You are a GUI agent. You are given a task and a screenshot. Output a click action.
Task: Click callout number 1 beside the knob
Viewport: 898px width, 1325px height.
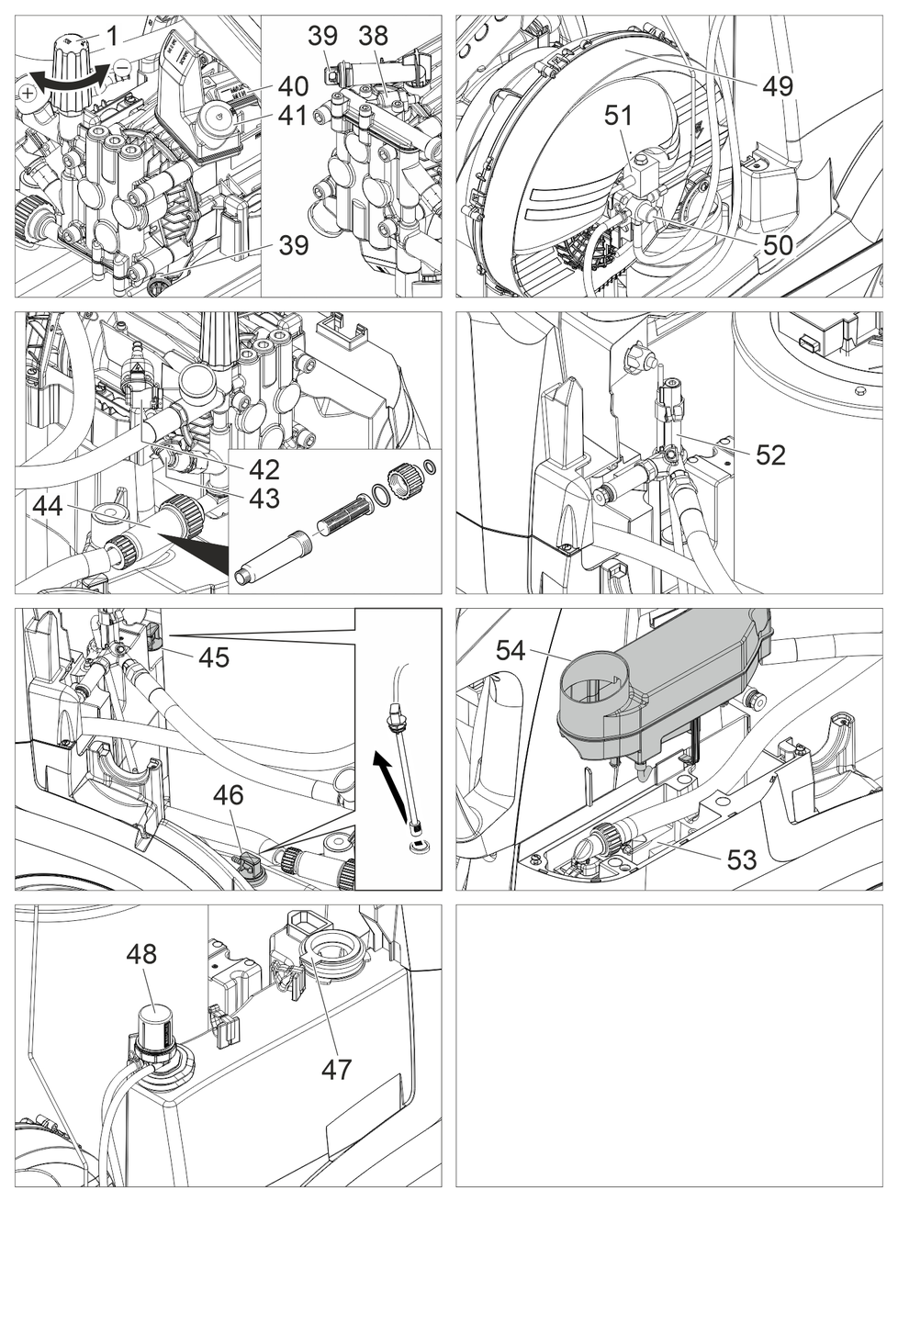[x=112, y=36]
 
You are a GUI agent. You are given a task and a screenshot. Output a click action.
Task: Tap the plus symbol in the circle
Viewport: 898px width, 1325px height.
[x=28, y=93]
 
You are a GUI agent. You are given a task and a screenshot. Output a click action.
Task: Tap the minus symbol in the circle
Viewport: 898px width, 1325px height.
[x=122, y=67]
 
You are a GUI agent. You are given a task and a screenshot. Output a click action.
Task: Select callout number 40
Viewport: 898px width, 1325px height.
[x=293, y=86]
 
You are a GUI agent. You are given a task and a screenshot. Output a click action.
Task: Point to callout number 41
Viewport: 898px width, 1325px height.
[x=293, y=117]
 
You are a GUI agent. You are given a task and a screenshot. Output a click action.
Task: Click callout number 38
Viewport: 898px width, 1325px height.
[x=373, y=36]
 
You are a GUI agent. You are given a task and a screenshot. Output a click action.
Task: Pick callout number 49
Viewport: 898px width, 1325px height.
[x=777, y=86]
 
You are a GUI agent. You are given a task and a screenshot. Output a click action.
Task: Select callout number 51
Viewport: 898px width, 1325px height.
[x=619, y=116]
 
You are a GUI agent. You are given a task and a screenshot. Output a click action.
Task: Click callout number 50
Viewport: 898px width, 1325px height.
[x=778, y=244]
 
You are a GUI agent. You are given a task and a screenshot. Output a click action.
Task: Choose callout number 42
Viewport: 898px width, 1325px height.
[x=264, y=469]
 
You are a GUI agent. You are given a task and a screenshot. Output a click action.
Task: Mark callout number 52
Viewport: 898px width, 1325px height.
[x=770, y=455]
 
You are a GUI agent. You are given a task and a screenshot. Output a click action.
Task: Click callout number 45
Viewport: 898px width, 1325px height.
[x=214, y=657]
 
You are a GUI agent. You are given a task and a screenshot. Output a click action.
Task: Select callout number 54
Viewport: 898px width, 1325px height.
[x=511, y=650]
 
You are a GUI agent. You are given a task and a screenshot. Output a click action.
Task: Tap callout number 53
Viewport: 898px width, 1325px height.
[x=741, y=859]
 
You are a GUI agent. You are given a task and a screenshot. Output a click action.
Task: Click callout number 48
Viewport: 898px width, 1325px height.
[x=141, y=954]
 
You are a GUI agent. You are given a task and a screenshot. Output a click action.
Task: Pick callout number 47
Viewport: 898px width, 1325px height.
[x=336, y=1069]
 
